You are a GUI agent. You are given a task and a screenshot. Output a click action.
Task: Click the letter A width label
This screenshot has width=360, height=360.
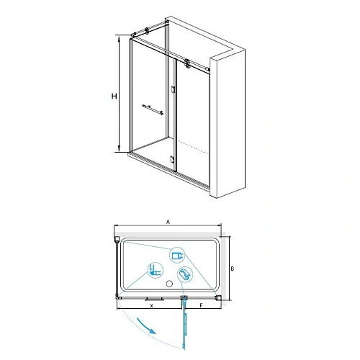tap(168, 223)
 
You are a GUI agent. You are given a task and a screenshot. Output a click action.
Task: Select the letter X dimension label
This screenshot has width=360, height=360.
tap(151, 305)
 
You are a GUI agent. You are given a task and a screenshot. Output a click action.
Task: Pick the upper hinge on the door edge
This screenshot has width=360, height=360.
tap(173, 90)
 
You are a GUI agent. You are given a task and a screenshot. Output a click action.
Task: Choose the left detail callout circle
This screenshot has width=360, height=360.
tap(155, 271)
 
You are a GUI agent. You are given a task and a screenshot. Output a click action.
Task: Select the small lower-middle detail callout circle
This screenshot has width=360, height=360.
tap(185, 273)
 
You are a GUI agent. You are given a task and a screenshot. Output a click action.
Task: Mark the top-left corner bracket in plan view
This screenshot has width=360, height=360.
tap(116, 238)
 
